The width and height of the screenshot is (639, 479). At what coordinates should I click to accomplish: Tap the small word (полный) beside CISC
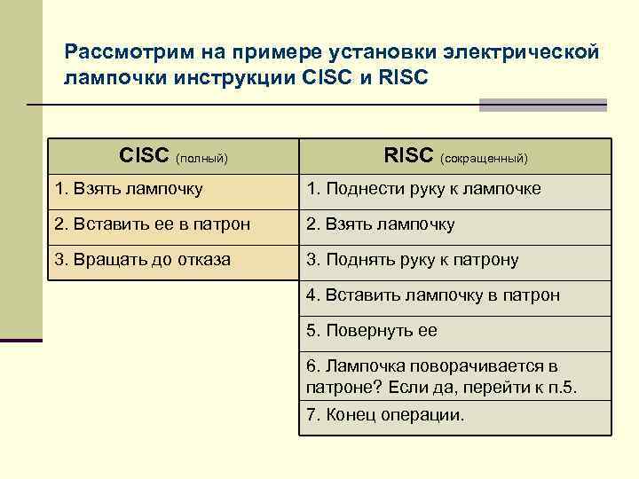click(x=201, y=159)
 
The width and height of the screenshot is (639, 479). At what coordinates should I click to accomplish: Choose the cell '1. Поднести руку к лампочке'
click(x=454, y=190)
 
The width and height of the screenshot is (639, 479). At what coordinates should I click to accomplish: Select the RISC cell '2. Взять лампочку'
click(x=454, y=224)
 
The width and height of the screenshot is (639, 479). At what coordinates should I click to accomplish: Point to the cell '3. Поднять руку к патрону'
click(x=454, y=260)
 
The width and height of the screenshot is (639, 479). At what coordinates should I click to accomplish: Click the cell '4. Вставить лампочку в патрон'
click(x=454, y=295)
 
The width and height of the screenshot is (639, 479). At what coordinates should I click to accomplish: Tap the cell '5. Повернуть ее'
click(x=454, y=331)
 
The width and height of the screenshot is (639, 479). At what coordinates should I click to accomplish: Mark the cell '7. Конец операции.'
click(x=454, y=415)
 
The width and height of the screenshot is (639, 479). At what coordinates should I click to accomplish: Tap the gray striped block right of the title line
click(x=542, y=105)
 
